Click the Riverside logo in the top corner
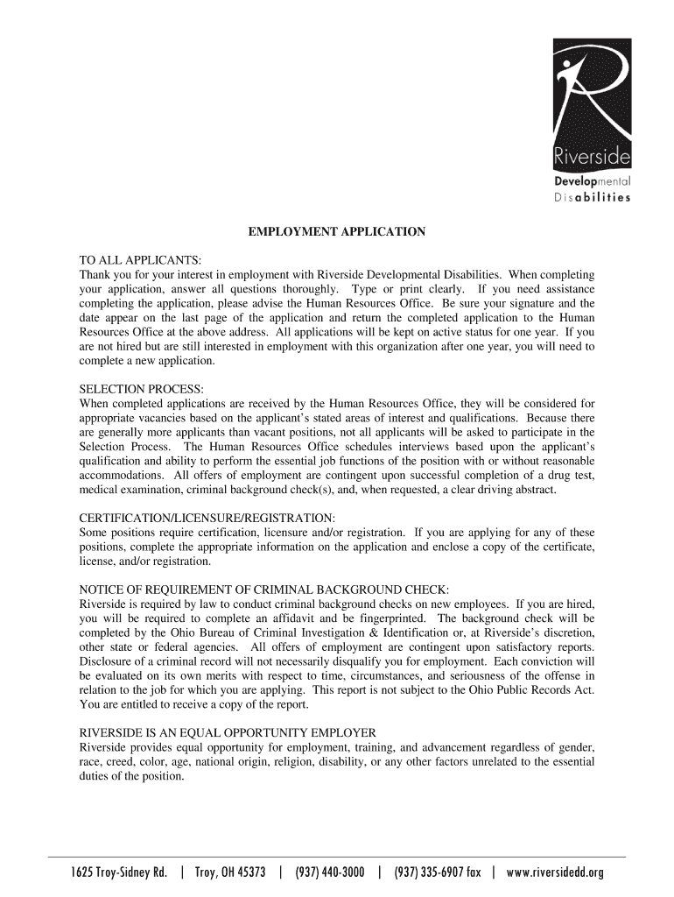[x=591, y=105]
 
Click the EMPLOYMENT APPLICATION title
[x=337, y=232]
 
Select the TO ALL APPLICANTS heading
[x=141, y=260]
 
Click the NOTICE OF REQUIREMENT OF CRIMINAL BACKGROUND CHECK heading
[x=264, y=589]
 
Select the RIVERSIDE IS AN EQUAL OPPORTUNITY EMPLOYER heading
[x=228, y=732]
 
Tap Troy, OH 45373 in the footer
[x=229, y=872]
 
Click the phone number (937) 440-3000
[x=330, y=872]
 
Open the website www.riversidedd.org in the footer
[x=555, y=872]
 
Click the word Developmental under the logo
[x=592, y=181]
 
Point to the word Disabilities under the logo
[x=592, y=197]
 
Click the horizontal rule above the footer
[x=337, y=857]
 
